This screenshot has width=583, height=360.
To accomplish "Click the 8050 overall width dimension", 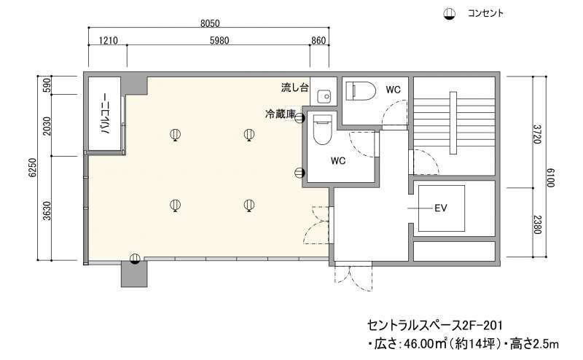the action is tap(210, 23).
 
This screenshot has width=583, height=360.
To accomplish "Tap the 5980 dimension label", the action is tap(219, 40).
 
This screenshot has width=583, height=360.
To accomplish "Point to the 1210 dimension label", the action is tap(108, 40).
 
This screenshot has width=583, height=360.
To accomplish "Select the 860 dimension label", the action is tap(318, 40).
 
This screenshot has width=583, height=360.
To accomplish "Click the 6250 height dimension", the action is tap(33, 168).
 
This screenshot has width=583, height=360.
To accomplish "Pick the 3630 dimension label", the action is tap(47, 211).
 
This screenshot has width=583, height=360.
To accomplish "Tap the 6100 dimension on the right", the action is tap(550, 178).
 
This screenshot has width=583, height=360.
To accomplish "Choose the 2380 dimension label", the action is tap(536, 224).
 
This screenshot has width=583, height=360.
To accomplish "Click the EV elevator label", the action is tap(441, 208).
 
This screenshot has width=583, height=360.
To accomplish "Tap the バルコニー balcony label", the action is tap(105, 114).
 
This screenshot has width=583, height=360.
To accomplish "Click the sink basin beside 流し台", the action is tap(324, 97).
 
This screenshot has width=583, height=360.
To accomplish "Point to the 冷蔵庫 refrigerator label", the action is tap(280, 114).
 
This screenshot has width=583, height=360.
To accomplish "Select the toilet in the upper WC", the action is tap(360, 91).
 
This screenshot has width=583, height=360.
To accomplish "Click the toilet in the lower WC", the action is tap(322, 130).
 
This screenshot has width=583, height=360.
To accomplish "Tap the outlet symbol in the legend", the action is tap(450, 14).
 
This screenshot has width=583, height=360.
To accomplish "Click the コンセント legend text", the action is tap(485, 13).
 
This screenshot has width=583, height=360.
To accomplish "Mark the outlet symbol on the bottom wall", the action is tap(135, 259).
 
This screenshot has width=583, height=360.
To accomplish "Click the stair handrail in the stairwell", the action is tap(453, 122).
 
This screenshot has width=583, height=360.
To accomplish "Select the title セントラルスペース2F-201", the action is tap(435, 326).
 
